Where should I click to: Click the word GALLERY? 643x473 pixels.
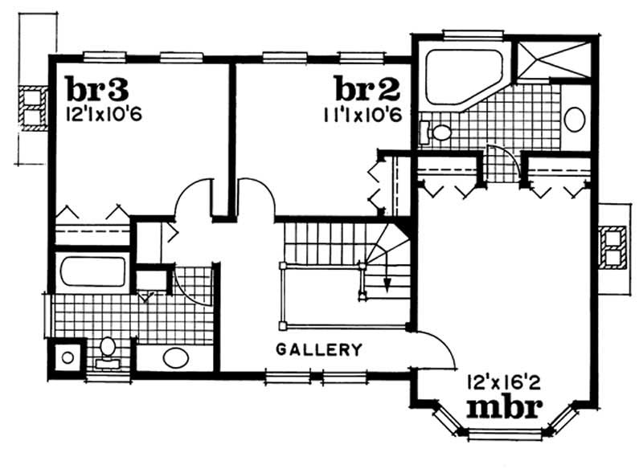(318, 350)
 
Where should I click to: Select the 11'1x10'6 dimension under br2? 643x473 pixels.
(357, 113)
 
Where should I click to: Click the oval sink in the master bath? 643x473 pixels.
(575, 120)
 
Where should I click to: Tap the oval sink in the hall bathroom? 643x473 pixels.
(174, 357)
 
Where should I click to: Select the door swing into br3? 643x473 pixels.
(191, 198)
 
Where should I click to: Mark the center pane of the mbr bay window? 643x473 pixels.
(505, 434)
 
